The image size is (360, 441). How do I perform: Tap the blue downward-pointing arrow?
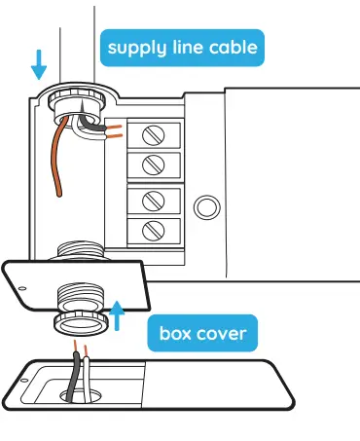tap(39, 64)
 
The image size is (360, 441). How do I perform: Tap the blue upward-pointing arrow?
tap(119, 315)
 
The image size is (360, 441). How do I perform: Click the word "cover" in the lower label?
tap(224, 336)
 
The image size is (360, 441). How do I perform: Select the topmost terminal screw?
tap(152, 132)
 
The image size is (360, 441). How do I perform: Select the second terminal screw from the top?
tap(152, 162)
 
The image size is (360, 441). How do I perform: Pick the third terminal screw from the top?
tap(152, 201)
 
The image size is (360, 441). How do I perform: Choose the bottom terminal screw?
tap(152, 231)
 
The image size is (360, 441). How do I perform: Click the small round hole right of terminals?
tap(203, 206)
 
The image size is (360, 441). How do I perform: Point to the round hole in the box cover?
tap(81, 396)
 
